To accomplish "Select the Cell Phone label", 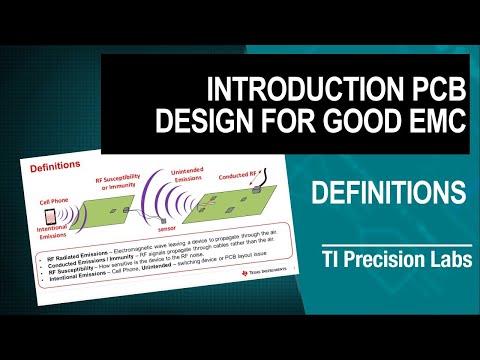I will (56, 200).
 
